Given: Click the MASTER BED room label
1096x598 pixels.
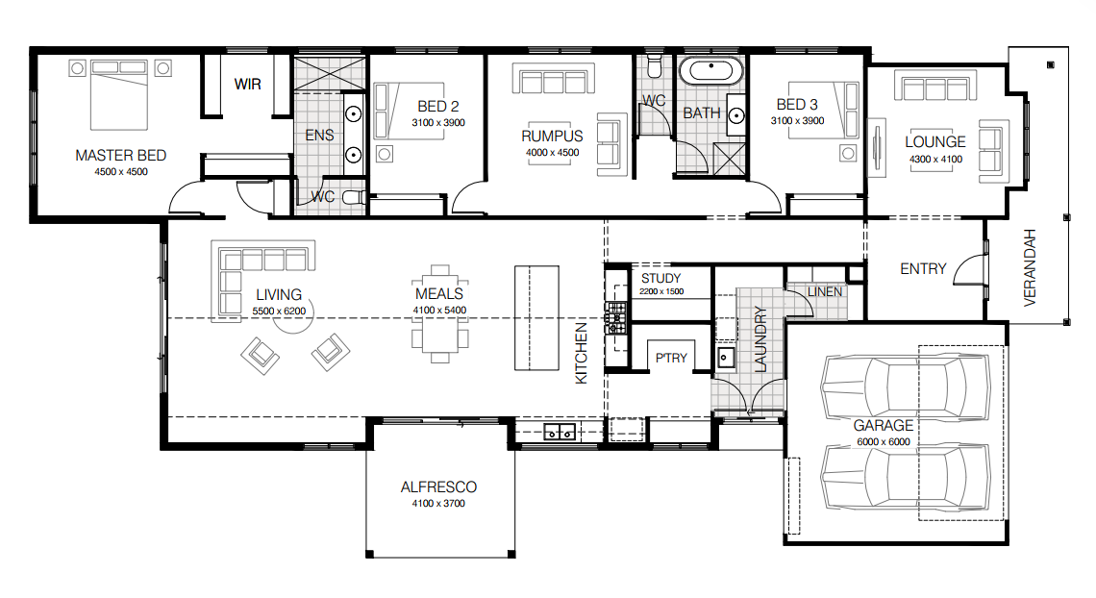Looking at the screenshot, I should click(x=120, y=155).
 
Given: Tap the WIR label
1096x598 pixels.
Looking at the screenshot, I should click(x=247, y=85).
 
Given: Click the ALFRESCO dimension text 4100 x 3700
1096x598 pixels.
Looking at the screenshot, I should click(x=438, y=503).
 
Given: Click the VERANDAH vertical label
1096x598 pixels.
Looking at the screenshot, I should click(x=1031, y=267).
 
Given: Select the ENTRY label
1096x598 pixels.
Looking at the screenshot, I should click(x=923, y=269).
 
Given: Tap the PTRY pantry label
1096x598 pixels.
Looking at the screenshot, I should click(x=671, y=358).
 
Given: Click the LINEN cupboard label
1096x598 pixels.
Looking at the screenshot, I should click(x=825, y=291).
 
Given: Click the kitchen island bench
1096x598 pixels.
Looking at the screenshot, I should click(x=536, y=318).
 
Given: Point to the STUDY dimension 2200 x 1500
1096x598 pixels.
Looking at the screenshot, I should click(x=661, y=291).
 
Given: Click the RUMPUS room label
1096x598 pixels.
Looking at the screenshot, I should click(x=552, y=136).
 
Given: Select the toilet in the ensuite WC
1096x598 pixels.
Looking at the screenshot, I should click(x=352, y=198).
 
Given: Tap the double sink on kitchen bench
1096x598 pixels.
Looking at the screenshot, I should click(x=559, y=433).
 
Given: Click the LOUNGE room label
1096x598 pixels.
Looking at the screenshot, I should click(x=934, y=142).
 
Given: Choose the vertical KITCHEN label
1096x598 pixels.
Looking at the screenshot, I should click(x=581, y=354).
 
